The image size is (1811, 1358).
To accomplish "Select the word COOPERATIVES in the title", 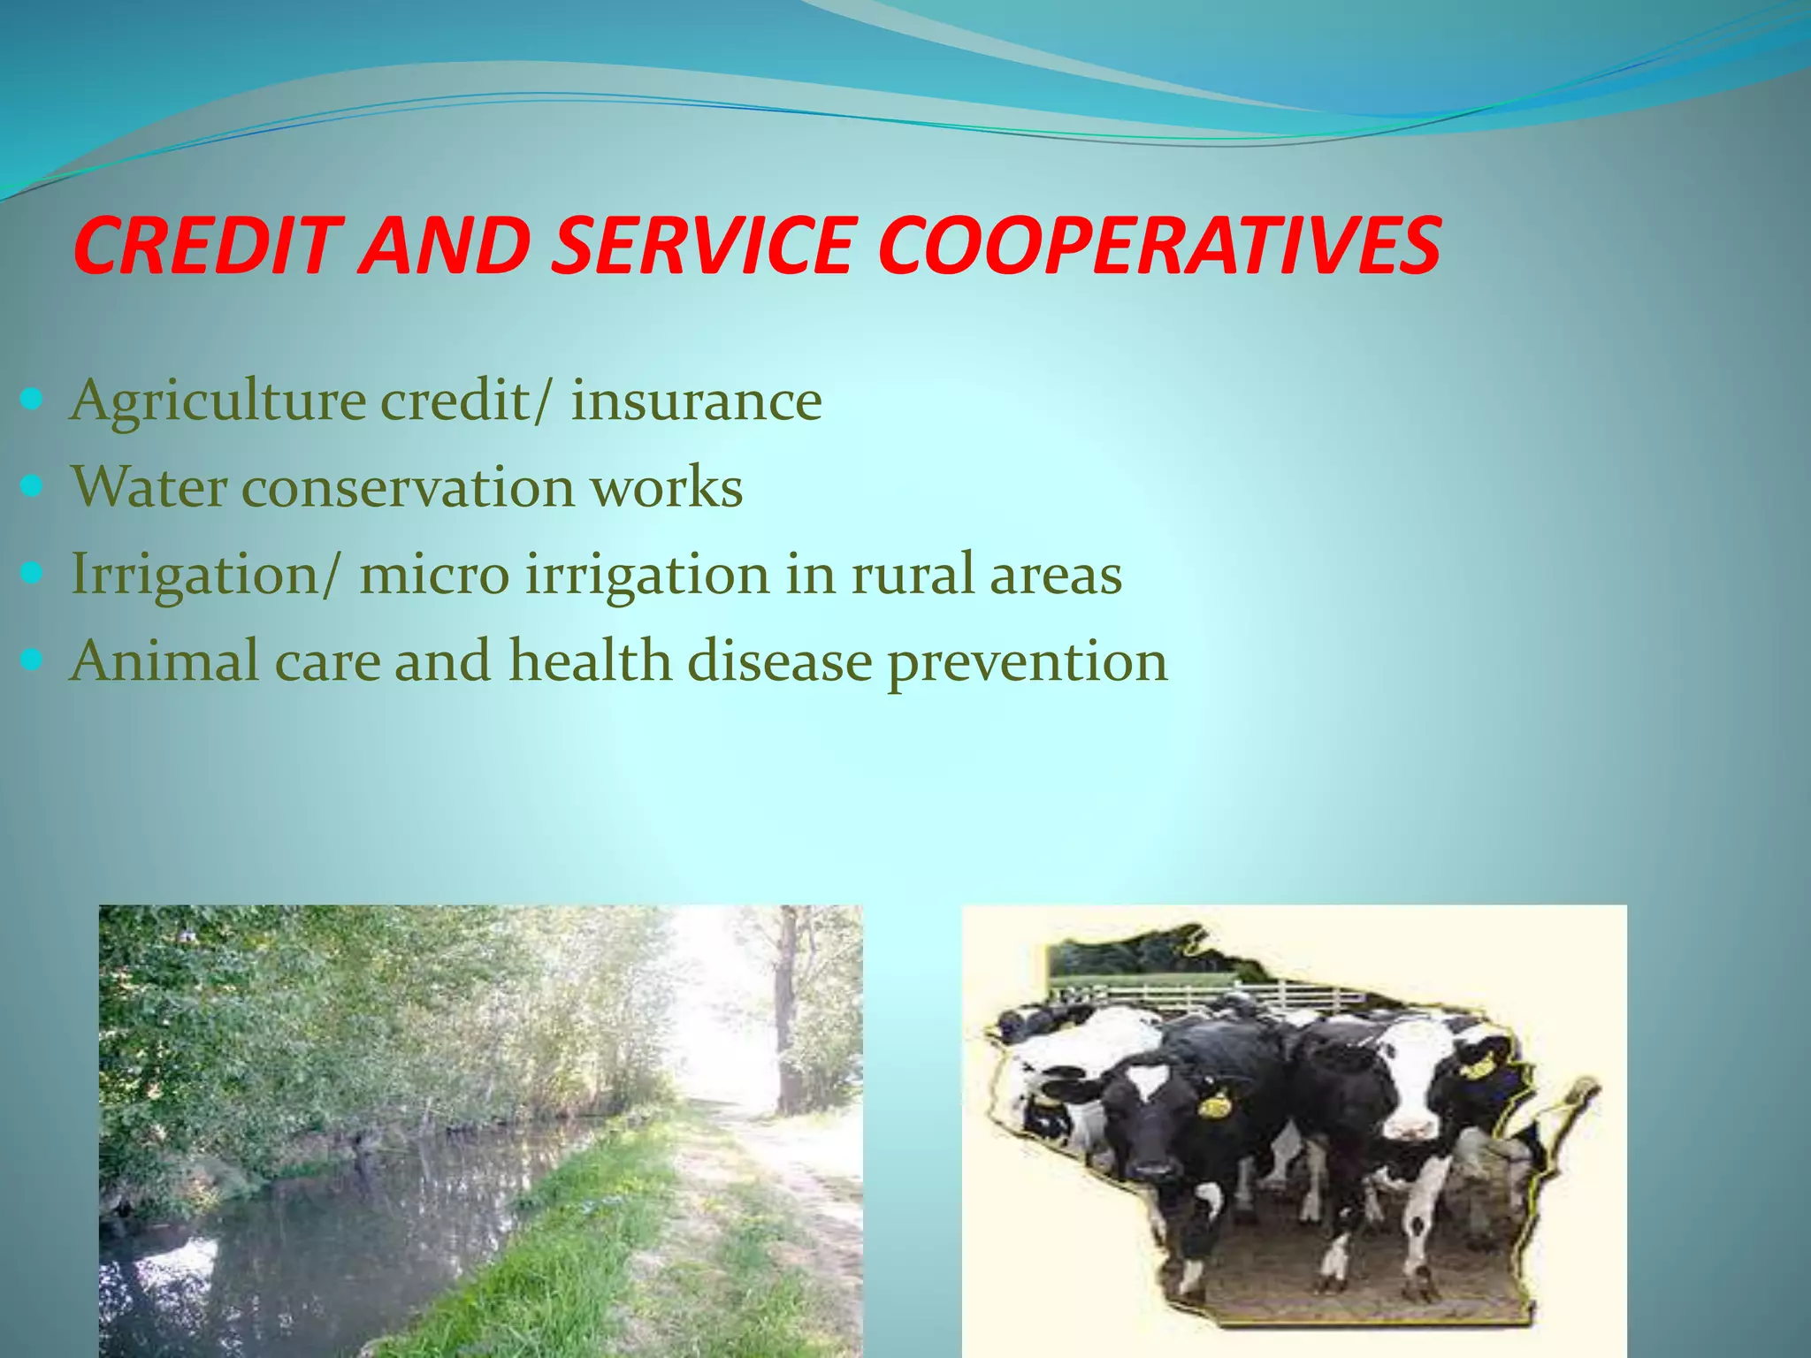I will (1159, 245).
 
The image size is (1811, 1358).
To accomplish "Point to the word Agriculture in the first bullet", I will (218, 401).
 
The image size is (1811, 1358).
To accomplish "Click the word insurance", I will (697, 401).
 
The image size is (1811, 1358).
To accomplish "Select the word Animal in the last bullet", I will (164, 660).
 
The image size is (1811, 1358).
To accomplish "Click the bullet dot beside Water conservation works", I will (31, 487).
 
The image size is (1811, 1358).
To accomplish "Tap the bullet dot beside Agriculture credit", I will (31, 401).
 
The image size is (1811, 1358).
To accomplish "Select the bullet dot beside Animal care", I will (31, 660).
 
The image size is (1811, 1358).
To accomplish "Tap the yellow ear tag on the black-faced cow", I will (1212, 1105).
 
